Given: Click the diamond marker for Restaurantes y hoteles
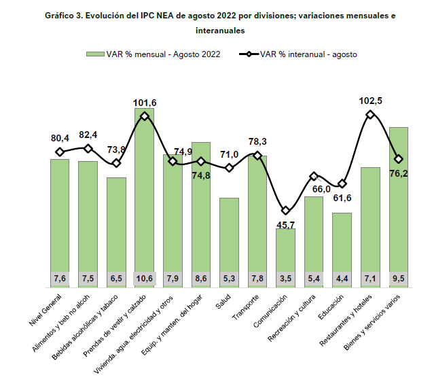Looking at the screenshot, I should pos(370,115).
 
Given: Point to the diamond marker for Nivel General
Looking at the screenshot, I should pos(60,152).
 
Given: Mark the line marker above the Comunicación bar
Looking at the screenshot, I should pos(285,211).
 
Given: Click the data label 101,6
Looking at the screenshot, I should pos(144,103).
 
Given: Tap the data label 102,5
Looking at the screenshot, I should pos(371,101).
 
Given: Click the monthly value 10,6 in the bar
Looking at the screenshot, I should pos(144,278).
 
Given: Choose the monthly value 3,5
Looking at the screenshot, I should pos(285,278).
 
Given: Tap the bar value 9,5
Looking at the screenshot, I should pos(399,278).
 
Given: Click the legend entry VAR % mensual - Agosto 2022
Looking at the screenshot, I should pos(153,54).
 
